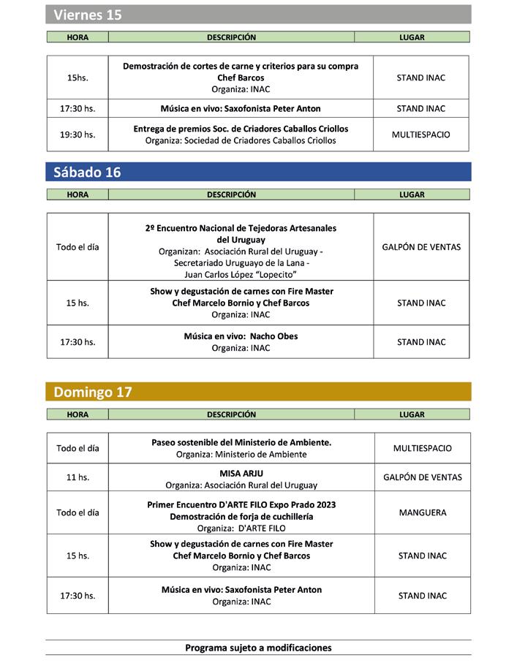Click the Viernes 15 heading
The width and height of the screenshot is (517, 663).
click(x=88, y=15)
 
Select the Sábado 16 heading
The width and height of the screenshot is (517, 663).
click(x=87, y=173)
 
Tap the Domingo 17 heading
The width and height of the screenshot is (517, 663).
click(x=93, y=392)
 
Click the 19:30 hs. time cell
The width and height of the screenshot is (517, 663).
click(x=78, y=135)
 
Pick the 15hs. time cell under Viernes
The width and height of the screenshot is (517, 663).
click(x=78, y=77)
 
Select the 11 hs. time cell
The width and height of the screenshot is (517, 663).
click(x=78, y=477)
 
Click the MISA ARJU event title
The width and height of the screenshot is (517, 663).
click(x=241, y=473)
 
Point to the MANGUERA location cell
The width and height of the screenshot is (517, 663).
click(x=423, y=512)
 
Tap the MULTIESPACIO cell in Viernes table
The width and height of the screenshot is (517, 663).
click(x=421, y=135)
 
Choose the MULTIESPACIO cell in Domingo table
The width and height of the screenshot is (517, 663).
click(x=423, y=448)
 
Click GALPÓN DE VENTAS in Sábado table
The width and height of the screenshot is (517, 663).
click(x=421, y=247)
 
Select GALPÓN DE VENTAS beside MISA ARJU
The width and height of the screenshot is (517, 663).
click(x=423, y=477)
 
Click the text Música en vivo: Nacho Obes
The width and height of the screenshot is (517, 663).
click(x=241, y=336)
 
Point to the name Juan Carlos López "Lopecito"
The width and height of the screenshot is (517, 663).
click(x=241, y=275)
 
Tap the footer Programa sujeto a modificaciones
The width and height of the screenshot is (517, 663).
click(x=258, y=648)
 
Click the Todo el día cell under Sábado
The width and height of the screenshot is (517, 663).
click(x=78, y=247)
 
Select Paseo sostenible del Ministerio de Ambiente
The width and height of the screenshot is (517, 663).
click(x=241, y=442)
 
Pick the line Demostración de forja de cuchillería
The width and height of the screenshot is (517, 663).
click(x=241, y=516)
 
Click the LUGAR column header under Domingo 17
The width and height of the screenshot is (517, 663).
click(x=412, y=414)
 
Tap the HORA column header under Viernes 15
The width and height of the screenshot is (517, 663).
click(x=78, y=37)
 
